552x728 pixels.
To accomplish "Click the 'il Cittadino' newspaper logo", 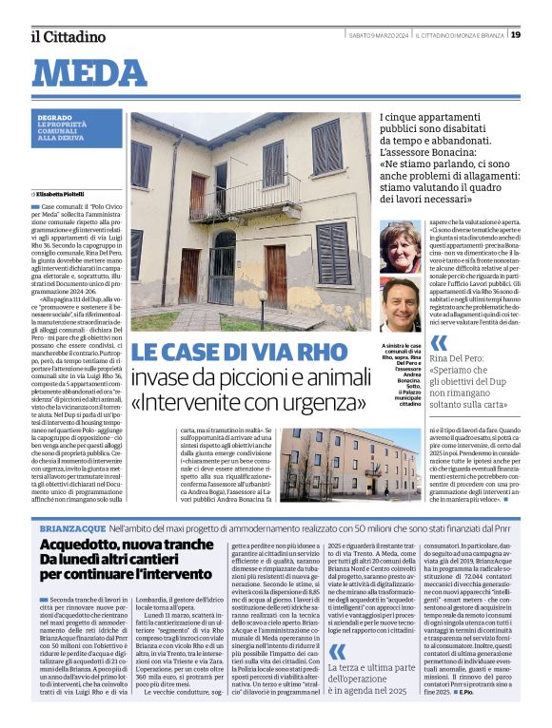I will (67, 36).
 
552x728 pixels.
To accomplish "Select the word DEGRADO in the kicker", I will (54, 118).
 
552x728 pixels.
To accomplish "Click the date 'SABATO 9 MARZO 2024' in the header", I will (378, 35).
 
